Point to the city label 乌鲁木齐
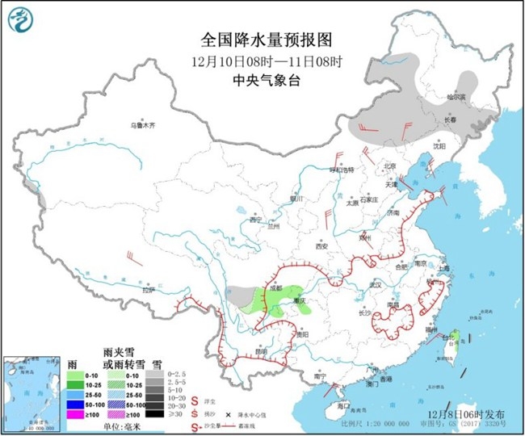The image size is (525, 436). coord(142,126)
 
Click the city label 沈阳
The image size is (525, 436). coord(439,147)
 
